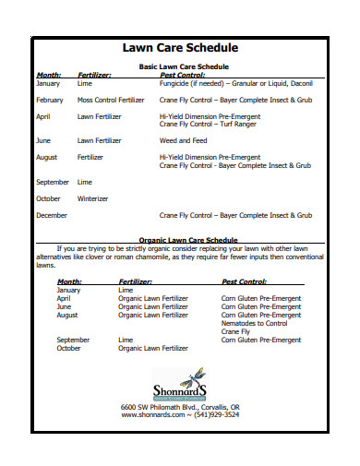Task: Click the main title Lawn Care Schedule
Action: pyautogui.click(x=181, y=47)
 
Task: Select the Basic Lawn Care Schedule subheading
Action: pyautogui.click(x=184, y=66)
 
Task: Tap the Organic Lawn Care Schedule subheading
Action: pyautogui.click(x=184, y=240)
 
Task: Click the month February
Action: pyautogui.click(x=50, y=100)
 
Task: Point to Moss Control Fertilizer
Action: pyautogui.click(x=111, y=100)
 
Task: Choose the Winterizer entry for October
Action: pyautogui.click(x=92, y=198)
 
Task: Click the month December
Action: pyautogui.click(x=51, y=215)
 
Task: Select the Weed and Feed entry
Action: pyautogui.click(x=183, y=140)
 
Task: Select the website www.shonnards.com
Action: pyautogui.click(x=152, y=415)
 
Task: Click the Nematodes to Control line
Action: pyautogui.click(x=256, y=323)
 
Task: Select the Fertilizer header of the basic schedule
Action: pyautogui.click(x=95, y=75)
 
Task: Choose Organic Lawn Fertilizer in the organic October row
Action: pyautogui.click(x=153, y=348)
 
